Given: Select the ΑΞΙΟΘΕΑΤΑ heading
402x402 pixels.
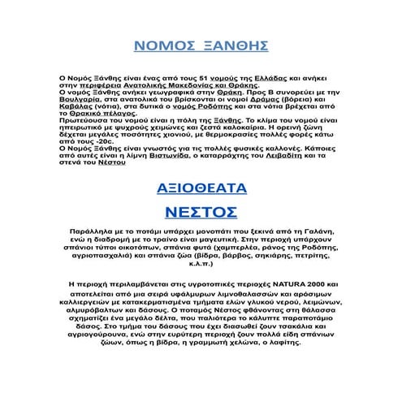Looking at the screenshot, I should pos(201,188).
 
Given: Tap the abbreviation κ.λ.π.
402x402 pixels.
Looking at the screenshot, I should pos(201,264).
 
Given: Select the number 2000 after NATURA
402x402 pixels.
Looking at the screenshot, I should pos(322,283).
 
